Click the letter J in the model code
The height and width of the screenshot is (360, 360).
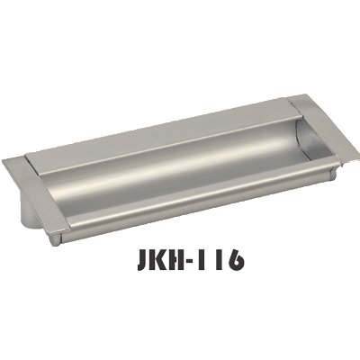(x=144, y=260)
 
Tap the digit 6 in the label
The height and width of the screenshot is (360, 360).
(x=236, y=260)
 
